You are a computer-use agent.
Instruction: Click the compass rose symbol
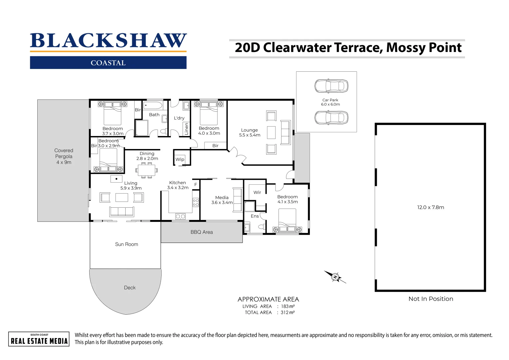pos(335,277)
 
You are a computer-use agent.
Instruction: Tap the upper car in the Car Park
pos(331,86)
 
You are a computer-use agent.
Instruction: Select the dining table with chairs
pos(147,170)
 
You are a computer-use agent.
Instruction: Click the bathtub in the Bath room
pos(153,106)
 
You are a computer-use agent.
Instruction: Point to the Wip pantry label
pos(180,159)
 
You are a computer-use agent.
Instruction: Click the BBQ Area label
pos(202,232)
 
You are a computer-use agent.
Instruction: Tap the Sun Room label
pos(127,244)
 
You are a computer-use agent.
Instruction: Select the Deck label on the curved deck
pos(130,288)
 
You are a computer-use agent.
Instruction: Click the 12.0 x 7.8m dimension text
pos(430,207)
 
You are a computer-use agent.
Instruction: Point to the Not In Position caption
pos(431,299)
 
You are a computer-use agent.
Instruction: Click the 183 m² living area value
pos(287,306)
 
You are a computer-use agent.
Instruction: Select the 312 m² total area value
pos(287,313)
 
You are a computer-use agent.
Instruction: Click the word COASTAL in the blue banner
pos(108,63)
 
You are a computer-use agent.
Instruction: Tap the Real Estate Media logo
pos(39,339)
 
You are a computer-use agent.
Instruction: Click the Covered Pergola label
pos(64,156)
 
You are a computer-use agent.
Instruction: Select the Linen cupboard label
pos(186,129)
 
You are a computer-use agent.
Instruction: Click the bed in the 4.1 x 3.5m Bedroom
pos(287,220)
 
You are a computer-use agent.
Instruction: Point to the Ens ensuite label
pos(254,216)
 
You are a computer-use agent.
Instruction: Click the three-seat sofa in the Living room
pos(122,211)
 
